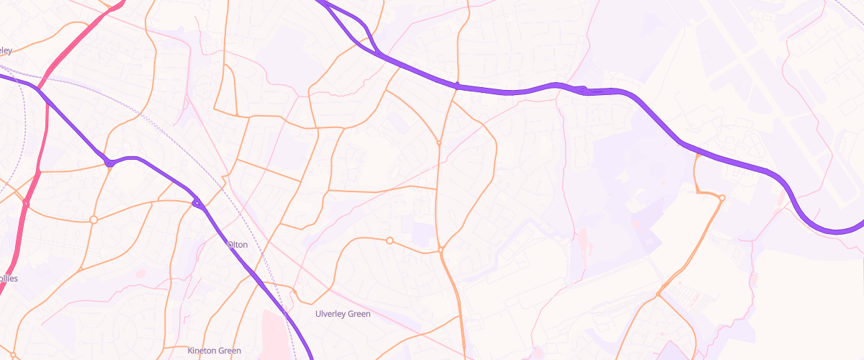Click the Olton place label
[x=238, y=245]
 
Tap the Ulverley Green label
[x=343, y=314]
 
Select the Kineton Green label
[x=214, y=351]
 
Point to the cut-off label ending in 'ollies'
[x=9, y=279]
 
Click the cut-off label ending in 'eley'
[x=6, y=50]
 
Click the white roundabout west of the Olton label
[x=93, y=219]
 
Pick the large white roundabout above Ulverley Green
[x=390, y=240]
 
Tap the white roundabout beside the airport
[x=721, y=197]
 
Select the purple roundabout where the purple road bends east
[x=109, y=163]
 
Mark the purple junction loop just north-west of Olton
[x=197, y=204]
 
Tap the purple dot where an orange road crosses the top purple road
[x=457, y=86]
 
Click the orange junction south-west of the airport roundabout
[x=658, y=294]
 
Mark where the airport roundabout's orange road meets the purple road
[x=697, y=151]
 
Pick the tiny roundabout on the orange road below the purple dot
[x=438, y=143]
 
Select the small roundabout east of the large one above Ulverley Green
[x=441, y=250]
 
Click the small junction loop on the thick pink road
[x=26, y=204]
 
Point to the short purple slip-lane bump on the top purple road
[x=583, y=90]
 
